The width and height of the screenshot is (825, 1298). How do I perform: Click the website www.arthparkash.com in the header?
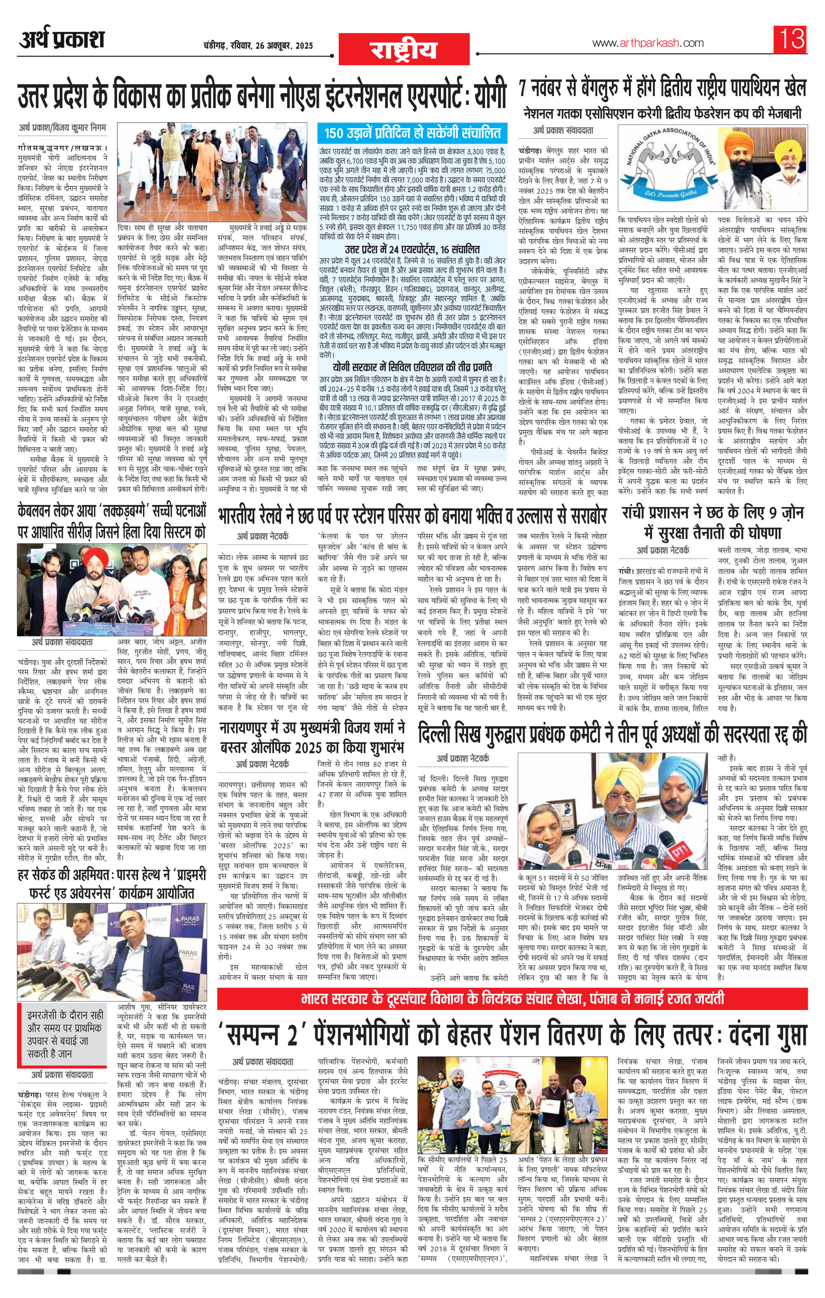click(641, 43)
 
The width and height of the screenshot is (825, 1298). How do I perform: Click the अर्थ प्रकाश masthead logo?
click(62, 41)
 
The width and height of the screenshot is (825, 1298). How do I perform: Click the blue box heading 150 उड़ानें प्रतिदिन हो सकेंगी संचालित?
click(412, 132)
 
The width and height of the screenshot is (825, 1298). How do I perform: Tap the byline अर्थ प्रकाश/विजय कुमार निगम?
click(60, 128)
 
